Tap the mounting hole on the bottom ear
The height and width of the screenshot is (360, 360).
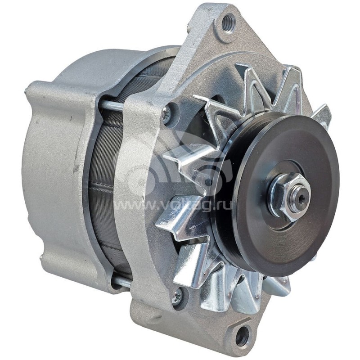click(242, 336)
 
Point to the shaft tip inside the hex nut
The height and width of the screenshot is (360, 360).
click(299, 195)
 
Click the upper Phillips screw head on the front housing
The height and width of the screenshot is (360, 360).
click(167, 114)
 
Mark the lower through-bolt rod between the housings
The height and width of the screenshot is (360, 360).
click(121, 282)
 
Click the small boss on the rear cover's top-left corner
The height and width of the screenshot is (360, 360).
click(31, 90)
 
